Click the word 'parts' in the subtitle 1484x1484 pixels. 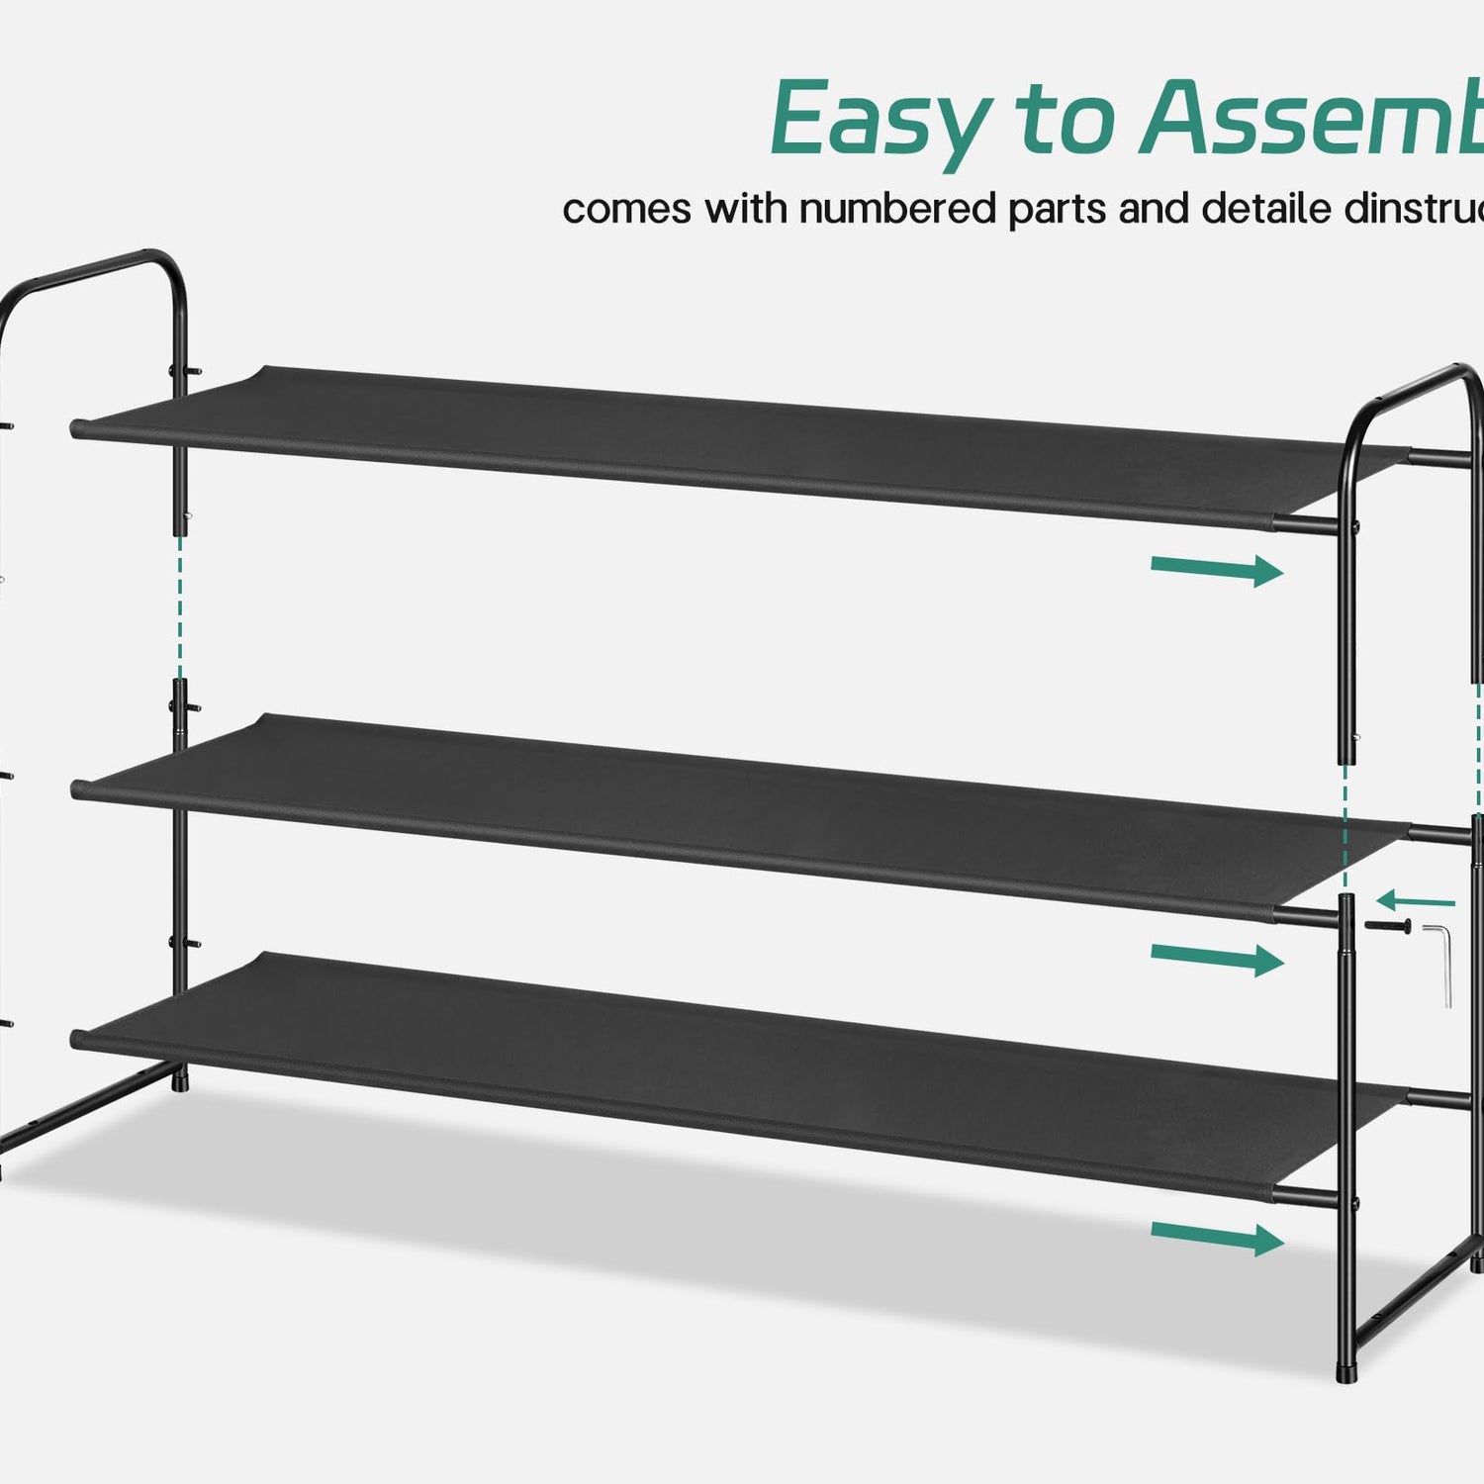pyautogui.click(x=1056, y=211)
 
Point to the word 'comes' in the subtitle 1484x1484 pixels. pyautogui.click(x=626, y=210)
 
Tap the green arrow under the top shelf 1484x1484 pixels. pyautogui.click(x=1217, y=570)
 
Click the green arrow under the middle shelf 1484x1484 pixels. pyautogui.click(x=1217, y=958)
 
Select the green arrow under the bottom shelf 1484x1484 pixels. pyautogui.click(x=1217, y=1237)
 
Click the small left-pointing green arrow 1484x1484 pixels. pyautogui.click(x=1415, y=901)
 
